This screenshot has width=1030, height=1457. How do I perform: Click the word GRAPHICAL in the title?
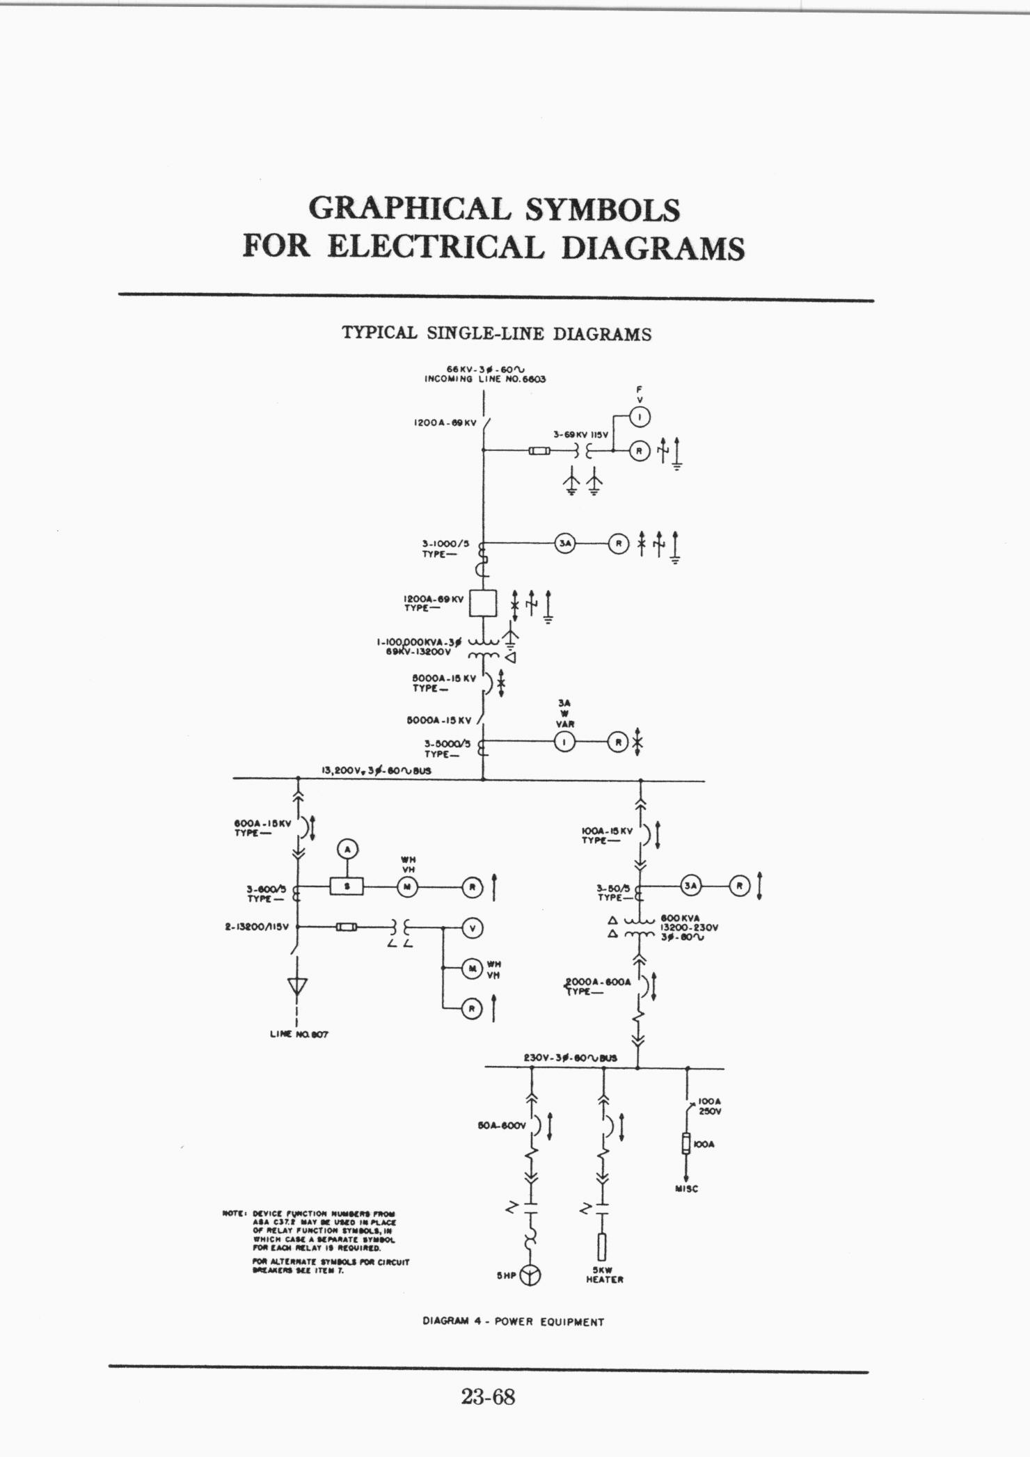(x=409, y=209)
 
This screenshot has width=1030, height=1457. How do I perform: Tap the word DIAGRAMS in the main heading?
(x=652, y=248)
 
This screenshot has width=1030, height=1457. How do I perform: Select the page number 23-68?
(x=488, y=1396)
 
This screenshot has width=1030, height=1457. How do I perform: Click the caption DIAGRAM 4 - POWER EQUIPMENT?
(x=513, y=1322)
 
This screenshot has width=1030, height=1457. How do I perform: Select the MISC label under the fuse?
(x=686, y=1189)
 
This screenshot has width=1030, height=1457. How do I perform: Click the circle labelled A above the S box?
(x=347, y=849)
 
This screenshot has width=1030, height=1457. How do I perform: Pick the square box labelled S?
(x=347, y=886)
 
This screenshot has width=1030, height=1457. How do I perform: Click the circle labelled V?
(x=473, y=927)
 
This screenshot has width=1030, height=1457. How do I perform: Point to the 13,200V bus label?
(x=376, y=771)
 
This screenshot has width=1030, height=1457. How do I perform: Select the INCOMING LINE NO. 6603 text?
(x=485, y=379)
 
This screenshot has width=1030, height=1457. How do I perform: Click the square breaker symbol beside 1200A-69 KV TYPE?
(x=483, y=603)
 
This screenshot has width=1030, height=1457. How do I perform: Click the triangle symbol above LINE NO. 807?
(x=298, y=987)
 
